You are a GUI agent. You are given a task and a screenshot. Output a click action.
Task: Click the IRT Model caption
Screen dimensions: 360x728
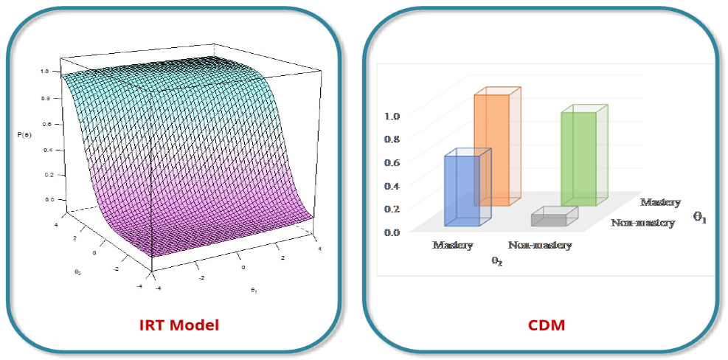pos(180,325)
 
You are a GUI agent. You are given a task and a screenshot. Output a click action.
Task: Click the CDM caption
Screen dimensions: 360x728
pos(547,325)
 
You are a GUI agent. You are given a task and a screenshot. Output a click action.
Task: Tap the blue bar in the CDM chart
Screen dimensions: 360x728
pos(462,190)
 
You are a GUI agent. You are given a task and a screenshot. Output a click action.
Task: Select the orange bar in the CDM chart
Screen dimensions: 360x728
pos(491,148)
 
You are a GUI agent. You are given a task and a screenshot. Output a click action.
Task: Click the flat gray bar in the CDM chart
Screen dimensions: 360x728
pos(550,218)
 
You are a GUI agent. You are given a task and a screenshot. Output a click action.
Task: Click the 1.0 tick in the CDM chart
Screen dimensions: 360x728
pos(392,116)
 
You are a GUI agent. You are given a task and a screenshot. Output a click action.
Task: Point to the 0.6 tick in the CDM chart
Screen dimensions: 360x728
pos(392,162)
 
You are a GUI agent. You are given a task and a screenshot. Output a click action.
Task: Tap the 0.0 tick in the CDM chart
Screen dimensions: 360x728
pos(392,232)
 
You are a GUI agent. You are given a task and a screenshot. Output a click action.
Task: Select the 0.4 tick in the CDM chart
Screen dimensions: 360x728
pos(392,186)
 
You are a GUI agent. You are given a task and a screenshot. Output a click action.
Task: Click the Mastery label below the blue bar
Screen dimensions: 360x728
pos(452,245)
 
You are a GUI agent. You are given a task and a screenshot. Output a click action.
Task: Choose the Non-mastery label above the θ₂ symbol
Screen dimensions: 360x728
pos(539,245)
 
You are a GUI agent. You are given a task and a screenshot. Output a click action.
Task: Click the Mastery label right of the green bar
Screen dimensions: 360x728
pos(660,202)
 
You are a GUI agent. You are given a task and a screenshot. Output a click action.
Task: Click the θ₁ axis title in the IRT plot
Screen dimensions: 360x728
pos(253,290)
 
